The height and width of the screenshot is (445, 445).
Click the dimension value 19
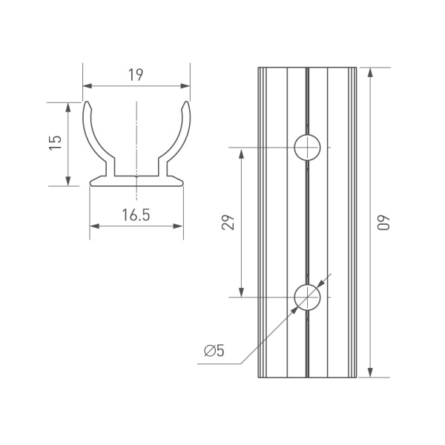click(x=135, y=75)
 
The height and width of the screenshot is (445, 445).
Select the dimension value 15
click(x=54, y=144)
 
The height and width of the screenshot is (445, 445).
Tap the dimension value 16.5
click(x=136, y=216)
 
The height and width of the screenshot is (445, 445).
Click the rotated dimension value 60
click(x=383, y=222)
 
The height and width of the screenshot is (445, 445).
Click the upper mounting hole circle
click(x=306, y=148)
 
